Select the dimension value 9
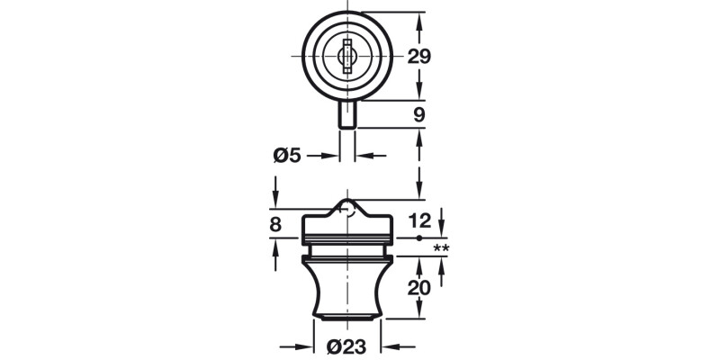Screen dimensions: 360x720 pos(419,114)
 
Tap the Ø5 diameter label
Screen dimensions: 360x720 pos(285,156)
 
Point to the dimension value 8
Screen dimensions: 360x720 pos(275,224)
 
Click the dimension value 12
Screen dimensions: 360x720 pos(419,220)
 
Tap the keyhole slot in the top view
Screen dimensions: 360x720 pos(347,56)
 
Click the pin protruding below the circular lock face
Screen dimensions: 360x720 pos(347,114)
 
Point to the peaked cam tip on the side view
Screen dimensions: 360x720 pos(347,204)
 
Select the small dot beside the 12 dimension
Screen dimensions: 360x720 pos(419,238)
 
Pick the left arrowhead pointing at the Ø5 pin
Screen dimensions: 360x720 pos(332,156)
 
